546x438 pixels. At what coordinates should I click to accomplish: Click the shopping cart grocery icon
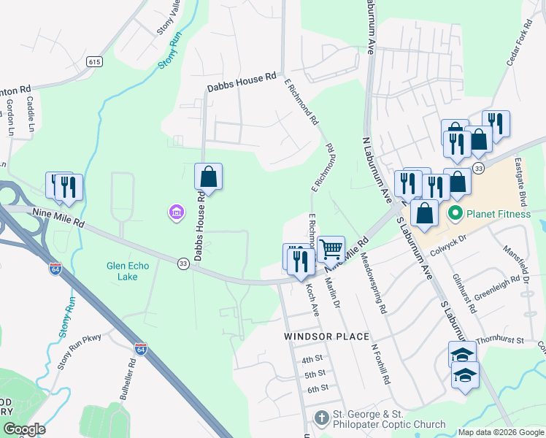pos(331,249)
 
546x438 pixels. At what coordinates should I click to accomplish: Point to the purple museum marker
pos(175,212)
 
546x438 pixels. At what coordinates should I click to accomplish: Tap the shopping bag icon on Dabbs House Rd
pos(208,176)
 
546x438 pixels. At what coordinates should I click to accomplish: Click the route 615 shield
pos(94,63)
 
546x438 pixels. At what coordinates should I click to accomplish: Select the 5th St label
pos(315,374)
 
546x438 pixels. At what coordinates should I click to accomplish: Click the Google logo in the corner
pos(24,429)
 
